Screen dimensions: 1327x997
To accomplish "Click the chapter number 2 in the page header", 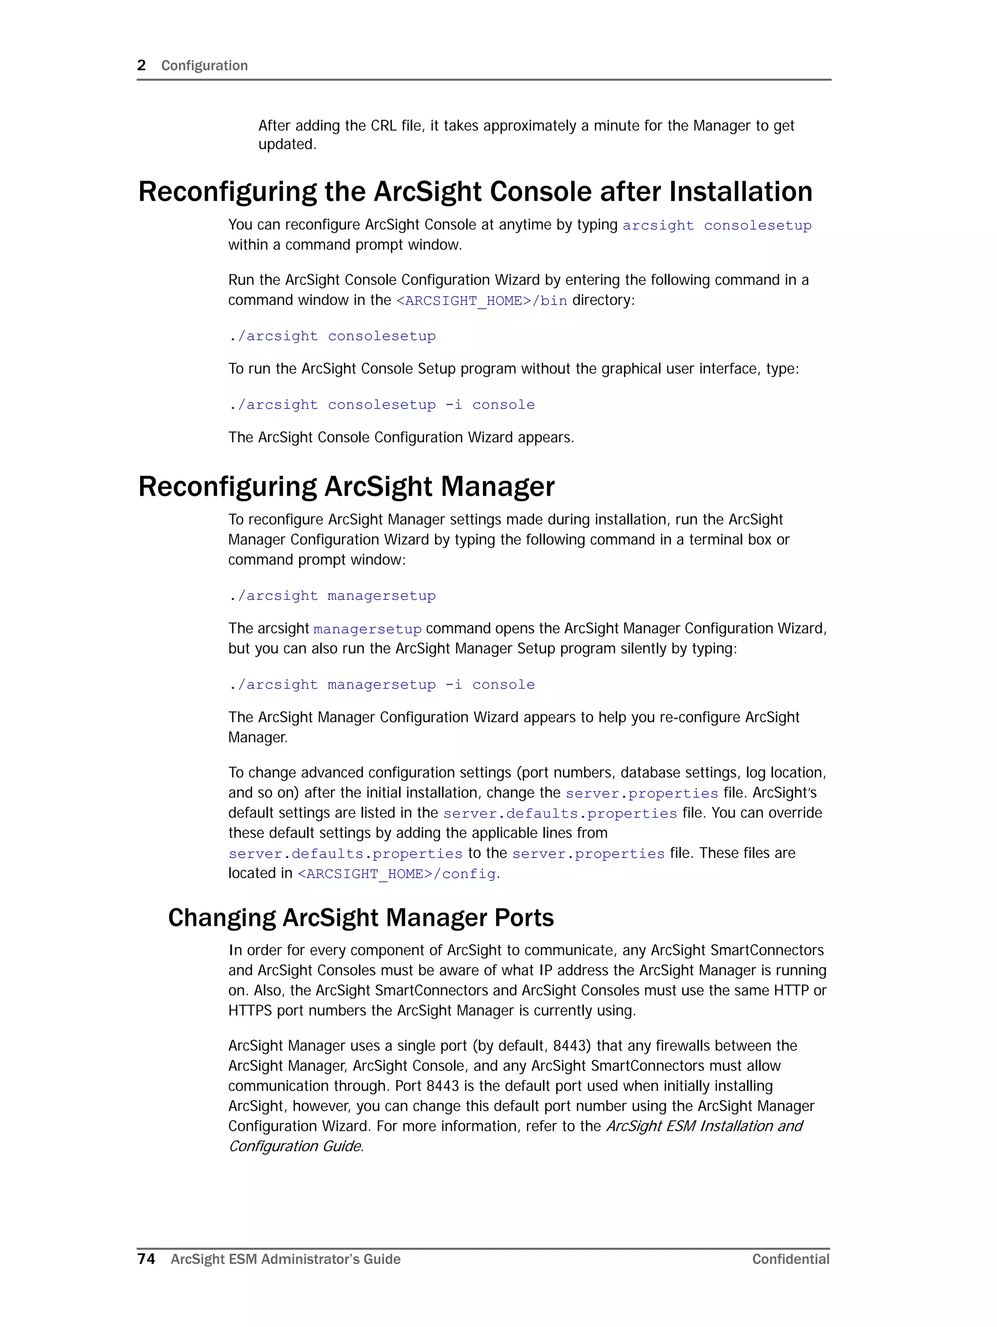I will pos(142,65).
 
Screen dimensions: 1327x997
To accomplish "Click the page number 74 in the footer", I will pos(147,1259).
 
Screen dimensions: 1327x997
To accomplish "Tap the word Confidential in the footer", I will pos(791,1259).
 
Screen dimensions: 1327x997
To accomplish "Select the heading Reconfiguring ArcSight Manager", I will pos(346,486).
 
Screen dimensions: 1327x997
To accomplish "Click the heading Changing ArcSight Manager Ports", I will pos(361,917).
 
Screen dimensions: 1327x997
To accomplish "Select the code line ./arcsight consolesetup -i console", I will pos(382,405).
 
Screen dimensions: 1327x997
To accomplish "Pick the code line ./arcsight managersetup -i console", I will pos(382,685).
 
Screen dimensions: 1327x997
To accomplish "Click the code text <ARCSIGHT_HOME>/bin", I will pos(481,300).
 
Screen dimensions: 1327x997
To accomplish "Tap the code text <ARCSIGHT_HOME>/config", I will pos(397,874).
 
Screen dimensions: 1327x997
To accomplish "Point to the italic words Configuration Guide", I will pos(295,1146).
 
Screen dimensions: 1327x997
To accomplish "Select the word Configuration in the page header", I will pos(204,65).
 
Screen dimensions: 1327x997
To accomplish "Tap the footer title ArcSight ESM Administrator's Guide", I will pos(286,1259).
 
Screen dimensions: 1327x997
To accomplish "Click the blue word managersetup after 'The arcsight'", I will pos(367,629).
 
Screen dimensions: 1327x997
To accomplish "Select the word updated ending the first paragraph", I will pos(286,145).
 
